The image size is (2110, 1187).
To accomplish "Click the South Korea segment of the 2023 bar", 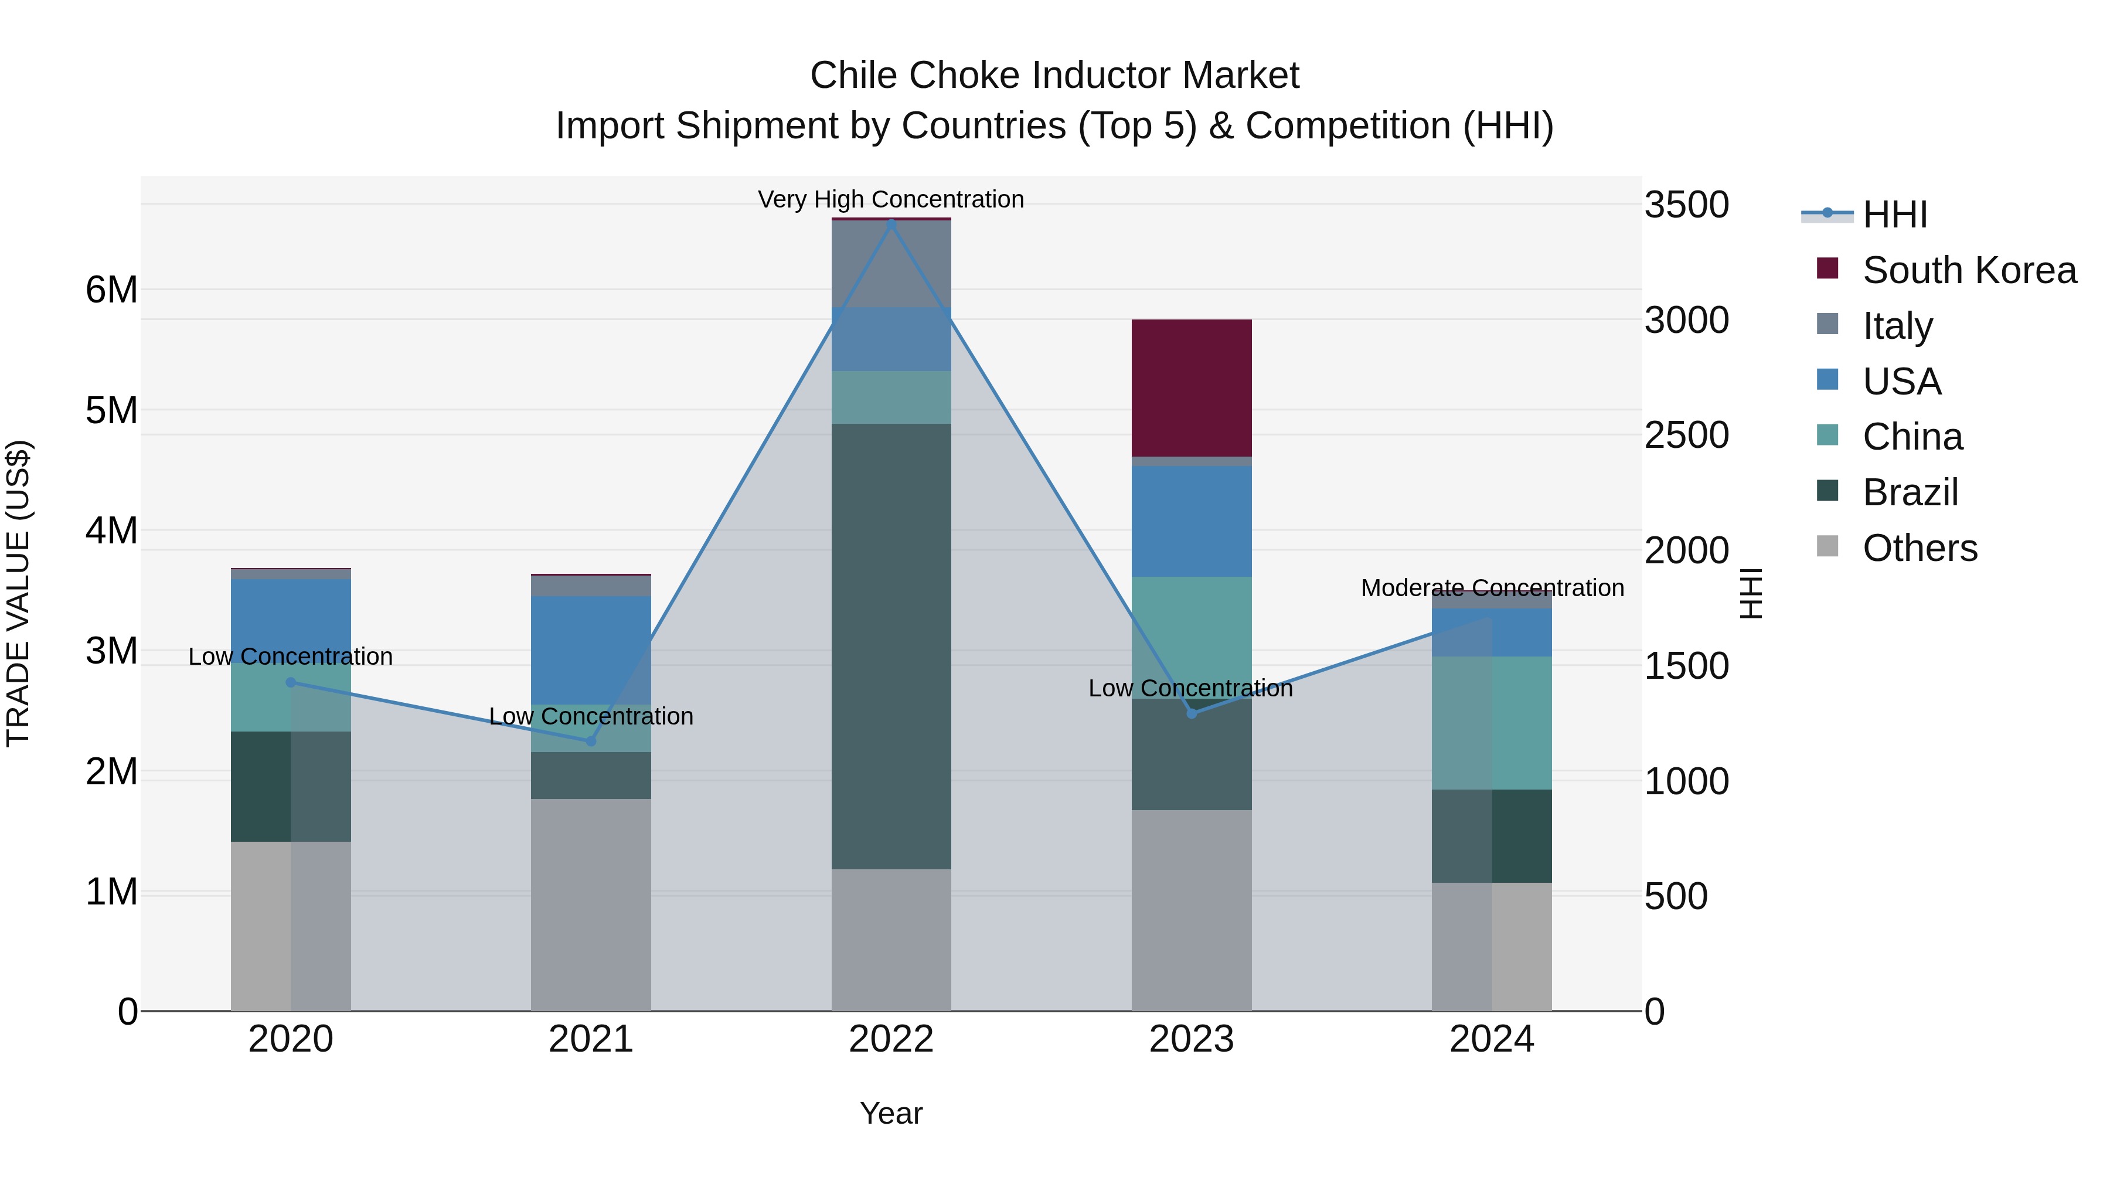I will (x=1191, y=387).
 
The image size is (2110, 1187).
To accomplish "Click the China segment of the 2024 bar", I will (x=1492, y=723).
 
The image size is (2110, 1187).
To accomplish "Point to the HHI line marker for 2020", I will (x=291, y=682).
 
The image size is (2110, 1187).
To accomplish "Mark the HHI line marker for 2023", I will (x=1192, y=713).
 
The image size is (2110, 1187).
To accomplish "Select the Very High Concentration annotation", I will (x=890, y=199).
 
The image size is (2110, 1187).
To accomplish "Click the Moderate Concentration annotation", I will (x=1492, y=588).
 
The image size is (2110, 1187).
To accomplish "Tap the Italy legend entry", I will (x=1897, y=325).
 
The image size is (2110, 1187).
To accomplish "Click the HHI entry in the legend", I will (x=1894, y=215).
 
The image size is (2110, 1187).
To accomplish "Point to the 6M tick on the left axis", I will (x=111, y=289).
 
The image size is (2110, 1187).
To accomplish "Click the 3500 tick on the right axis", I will (x=1686, y=205).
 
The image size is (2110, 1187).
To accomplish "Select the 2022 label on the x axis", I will (x=891, y=1039).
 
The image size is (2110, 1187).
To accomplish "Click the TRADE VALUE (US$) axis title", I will (x=18, y=593).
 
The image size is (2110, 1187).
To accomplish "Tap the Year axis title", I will (x=891, y=1113).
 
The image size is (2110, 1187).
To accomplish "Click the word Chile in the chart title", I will (x=855, y=76).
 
